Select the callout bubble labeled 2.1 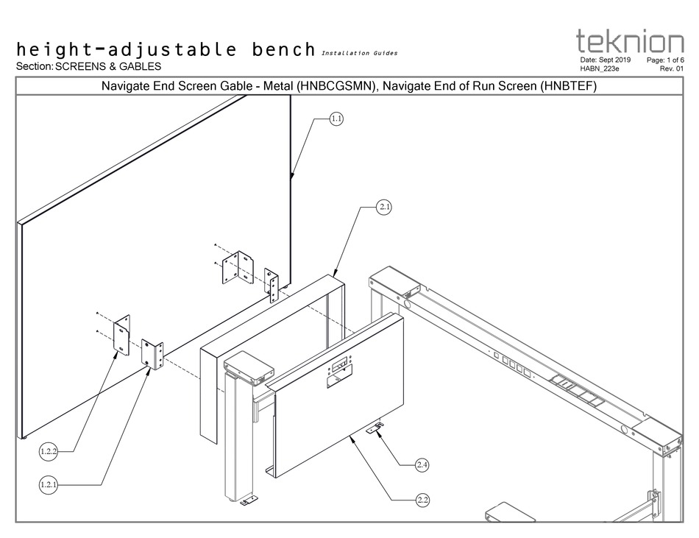(384, 208)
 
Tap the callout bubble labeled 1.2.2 (49, 451)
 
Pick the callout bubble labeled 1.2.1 (49, 484)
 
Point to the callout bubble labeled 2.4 (422, 465)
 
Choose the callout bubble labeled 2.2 (422, 500)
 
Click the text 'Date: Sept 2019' (606, 60)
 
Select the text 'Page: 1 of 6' (665, 60)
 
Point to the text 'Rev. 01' (672, 68)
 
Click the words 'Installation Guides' (360, 53)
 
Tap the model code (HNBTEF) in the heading (567, 86)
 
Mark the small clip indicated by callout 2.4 (377, 428)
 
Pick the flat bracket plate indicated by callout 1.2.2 (121, 333)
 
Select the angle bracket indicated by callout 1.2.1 (152, 355)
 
